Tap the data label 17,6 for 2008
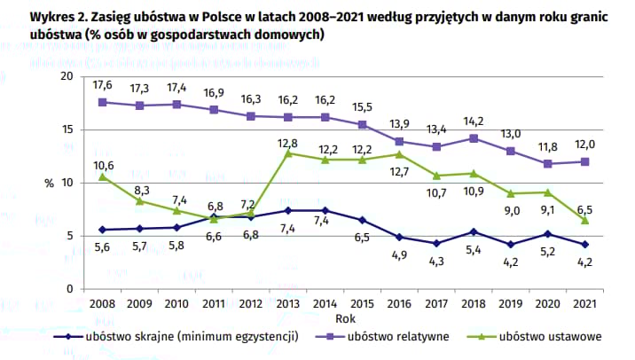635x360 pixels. click(x=103, y=86)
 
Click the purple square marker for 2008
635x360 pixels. click(x=103, y=102)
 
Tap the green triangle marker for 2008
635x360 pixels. click(x=103, y=176)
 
